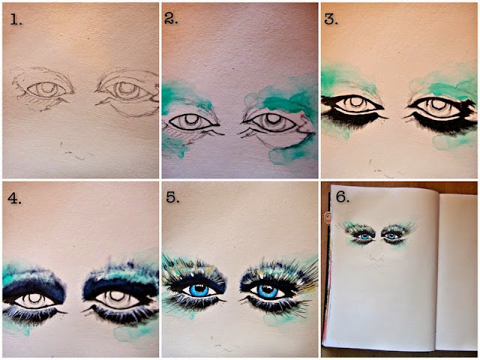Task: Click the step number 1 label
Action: pos(16,20)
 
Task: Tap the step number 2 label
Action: pos(171,19)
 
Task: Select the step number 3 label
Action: pos(331,19)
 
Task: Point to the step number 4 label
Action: pos(14,198)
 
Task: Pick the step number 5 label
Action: pos(172,198)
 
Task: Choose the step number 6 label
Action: pos(343,196)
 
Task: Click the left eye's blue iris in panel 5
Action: pos(199,289)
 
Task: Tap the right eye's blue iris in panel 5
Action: pos(267,291)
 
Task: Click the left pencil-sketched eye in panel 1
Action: pos(46,90)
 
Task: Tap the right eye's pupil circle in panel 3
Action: pos(438,103)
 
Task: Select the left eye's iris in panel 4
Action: pos(34,299)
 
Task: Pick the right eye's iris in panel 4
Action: pos(115,298)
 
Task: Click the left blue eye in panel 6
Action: pos(364,236)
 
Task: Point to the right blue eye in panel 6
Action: pos(391,236)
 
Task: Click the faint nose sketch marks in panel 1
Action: pos(73,152)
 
